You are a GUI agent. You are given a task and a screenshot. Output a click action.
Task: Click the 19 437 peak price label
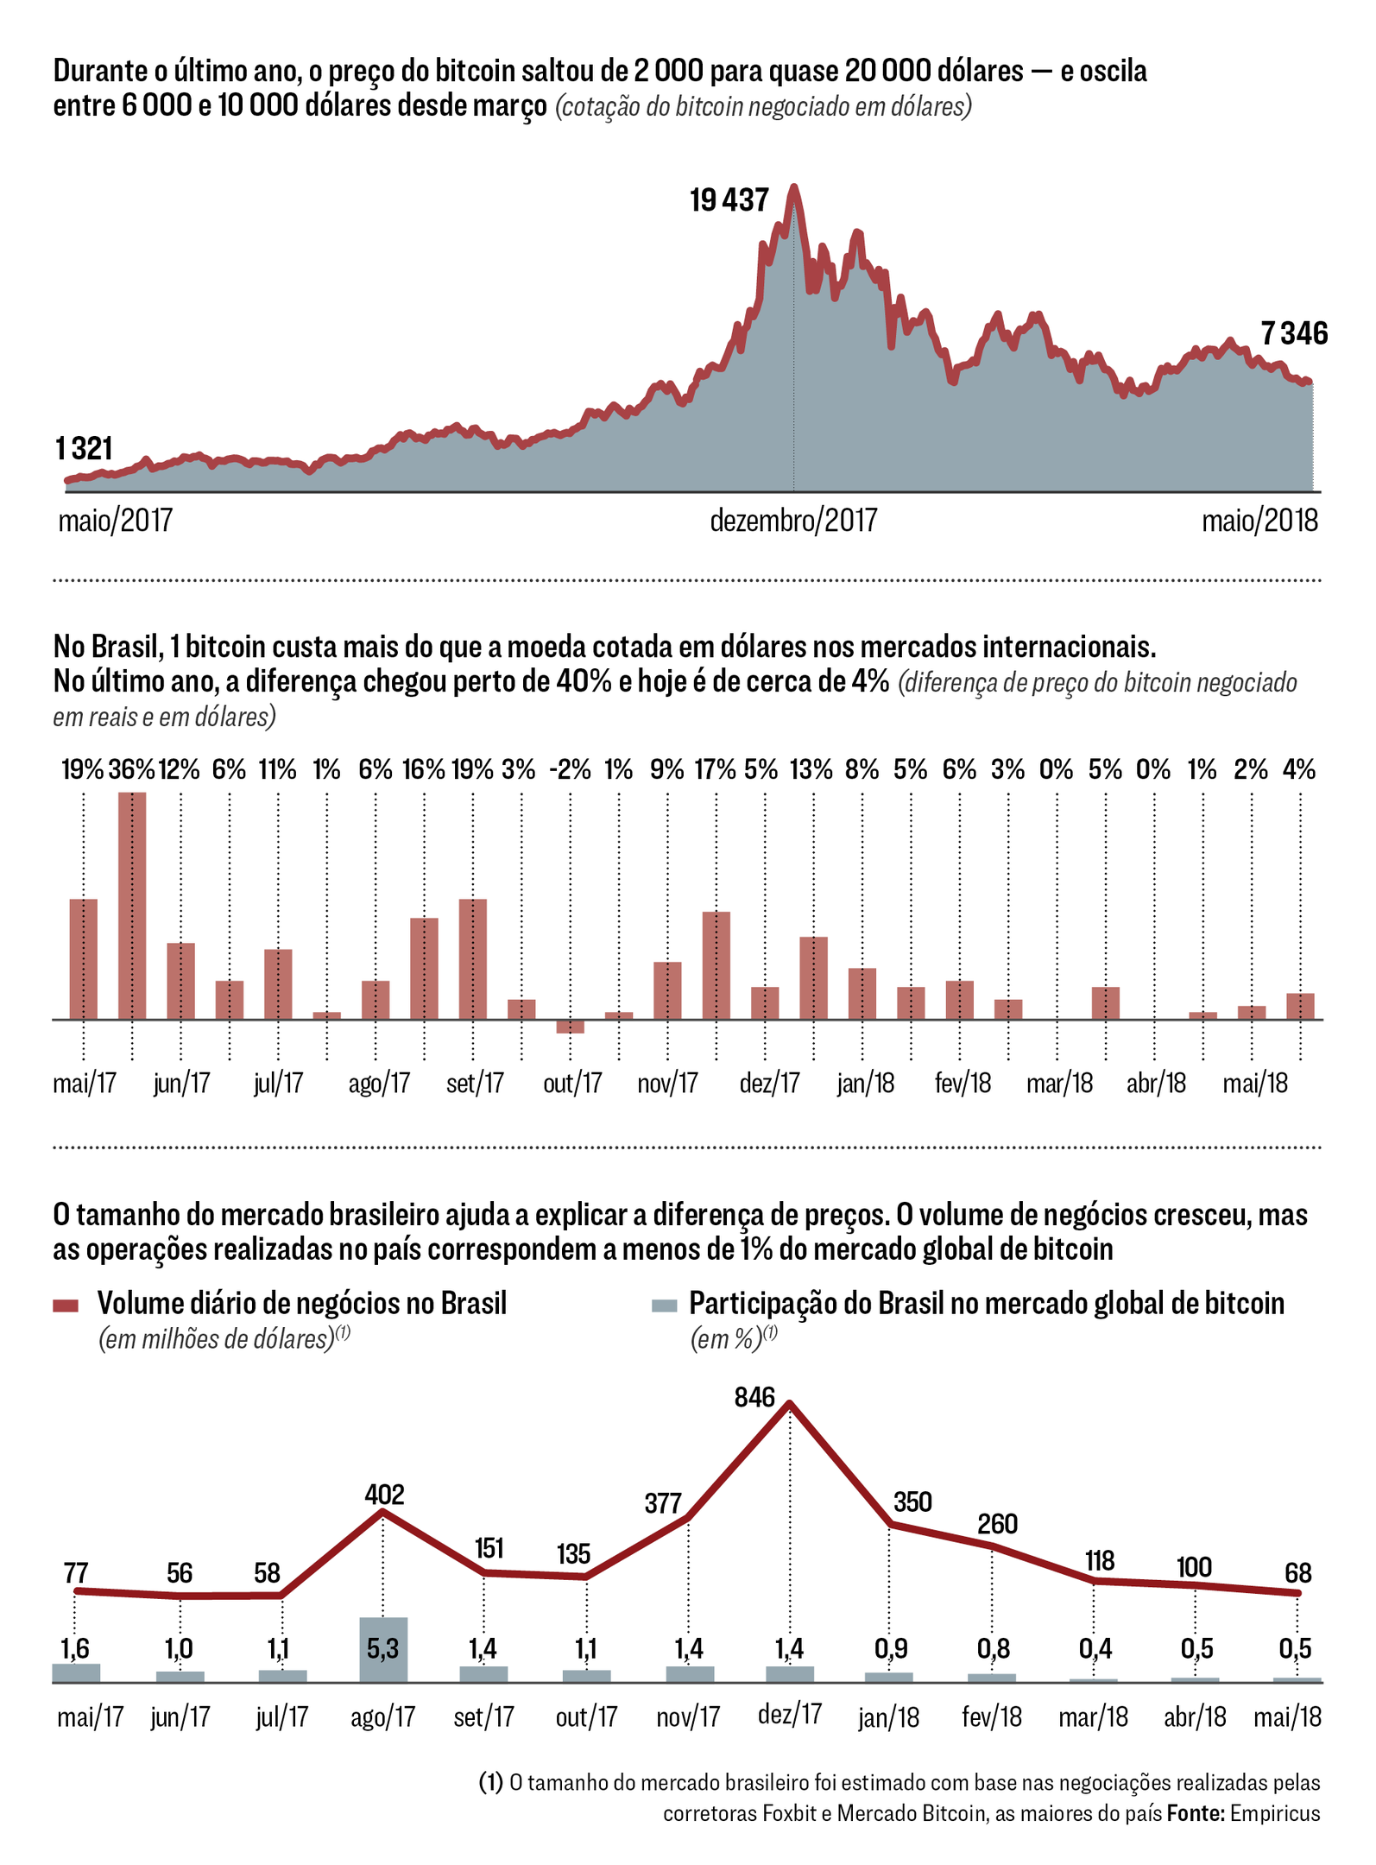(729, 200)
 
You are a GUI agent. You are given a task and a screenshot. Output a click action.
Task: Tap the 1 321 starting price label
(84, 449)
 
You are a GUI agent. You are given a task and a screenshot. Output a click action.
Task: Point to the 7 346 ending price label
(1293, 333)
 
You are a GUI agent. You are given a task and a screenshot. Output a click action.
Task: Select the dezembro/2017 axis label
(793, 521)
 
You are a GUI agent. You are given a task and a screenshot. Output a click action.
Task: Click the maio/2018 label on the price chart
(1259, 521)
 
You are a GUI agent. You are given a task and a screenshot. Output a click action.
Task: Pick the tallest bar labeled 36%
(132, 905)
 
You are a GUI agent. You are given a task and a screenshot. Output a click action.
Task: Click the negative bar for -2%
(570, 1027)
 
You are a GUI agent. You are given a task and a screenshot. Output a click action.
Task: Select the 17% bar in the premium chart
(716, 965)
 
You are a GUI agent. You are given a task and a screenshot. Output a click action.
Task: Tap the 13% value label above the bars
(811, 769)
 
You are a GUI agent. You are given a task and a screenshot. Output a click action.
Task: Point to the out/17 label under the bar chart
(571, 1083)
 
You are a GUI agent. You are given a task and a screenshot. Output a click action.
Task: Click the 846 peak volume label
(754, 1397)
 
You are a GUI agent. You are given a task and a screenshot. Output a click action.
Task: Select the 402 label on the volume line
(384, 1495)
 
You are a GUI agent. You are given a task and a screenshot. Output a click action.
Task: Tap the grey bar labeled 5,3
(383, 1649)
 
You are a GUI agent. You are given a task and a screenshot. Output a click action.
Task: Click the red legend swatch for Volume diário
(66, 1305)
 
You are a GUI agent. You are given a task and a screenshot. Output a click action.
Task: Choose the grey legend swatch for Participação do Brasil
(664, 1305)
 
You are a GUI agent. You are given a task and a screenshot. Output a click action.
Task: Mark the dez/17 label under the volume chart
(789, 1714)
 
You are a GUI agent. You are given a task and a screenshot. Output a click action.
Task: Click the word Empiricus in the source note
(1274, 1813)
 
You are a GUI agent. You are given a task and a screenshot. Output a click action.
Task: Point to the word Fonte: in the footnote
(1196, 1813)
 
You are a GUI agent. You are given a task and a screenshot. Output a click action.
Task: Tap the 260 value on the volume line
(997, 1524)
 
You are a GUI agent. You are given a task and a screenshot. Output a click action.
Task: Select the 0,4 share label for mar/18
(1095, 1649)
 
